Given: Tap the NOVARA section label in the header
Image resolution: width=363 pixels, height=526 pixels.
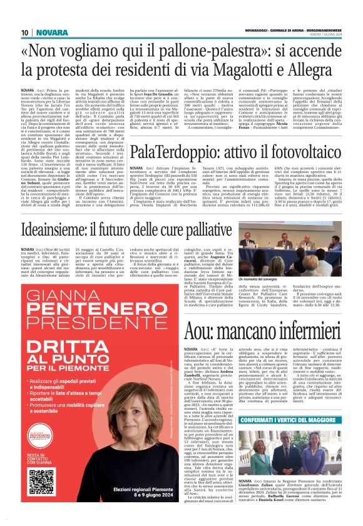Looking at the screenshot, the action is click(49, 31).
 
